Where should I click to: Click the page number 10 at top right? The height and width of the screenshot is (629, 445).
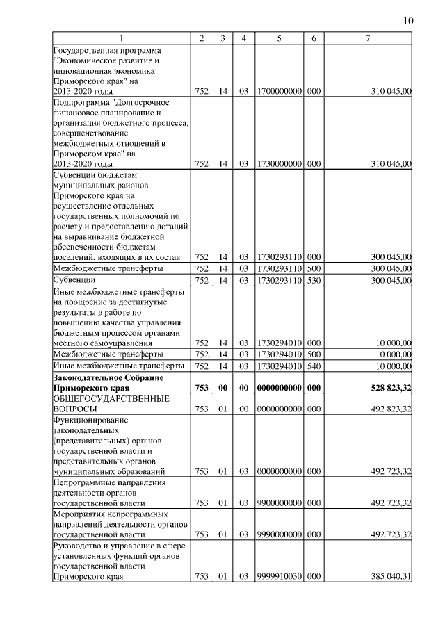pos(407,21)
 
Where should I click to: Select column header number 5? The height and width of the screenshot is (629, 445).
pos(278,38)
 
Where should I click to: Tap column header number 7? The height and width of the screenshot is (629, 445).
pos(368,38)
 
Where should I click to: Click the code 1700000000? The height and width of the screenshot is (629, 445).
pos(278,91)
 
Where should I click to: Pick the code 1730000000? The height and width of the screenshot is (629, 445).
pos(278,164)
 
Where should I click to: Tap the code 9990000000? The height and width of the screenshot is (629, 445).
pos(278,534)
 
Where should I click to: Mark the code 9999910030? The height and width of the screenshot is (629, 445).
pos(278,576)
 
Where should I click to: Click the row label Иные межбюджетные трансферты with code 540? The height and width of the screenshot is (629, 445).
pos(118,366)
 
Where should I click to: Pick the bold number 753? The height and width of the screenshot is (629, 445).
pos(202,388)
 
